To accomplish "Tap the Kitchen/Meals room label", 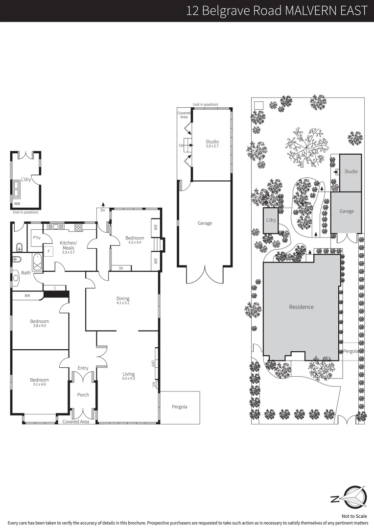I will coord(68,243).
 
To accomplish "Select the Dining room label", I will coord(122,298).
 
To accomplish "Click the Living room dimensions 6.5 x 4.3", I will coord(128,379).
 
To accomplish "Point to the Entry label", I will coord(83,368).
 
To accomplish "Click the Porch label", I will coord(83,395).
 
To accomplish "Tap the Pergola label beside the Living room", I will coord(179,407).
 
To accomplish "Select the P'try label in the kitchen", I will coord(36,238).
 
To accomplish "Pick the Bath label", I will coord(25,273).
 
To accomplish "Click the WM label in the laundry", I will coord(17,203).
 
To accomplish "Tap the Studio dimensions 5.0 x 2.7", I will coord(212,146).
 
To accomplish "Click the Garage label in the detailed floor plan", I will coord(205,223).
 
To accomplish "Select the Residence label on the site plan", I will coord(301,307).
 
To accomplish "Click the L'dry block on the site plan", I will coord(271,220).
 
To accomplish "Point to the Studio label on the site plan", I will coord(351,171).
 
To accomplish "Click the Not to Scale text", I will coord(354,516).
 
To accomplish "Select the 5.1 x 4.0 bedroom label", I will coord(39,383).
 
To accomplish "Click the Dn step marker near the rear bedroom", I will coord(103,210).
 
